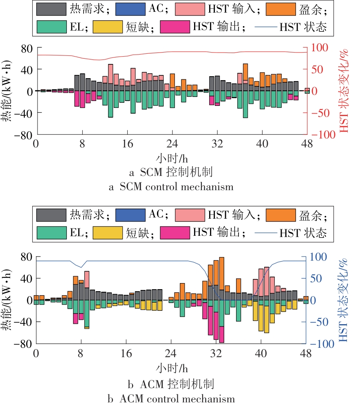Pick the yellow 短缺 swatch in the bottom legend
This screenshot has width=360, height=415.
pos(108,233)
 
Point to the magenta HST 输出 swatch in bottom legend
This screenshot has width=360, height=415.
pos(174,233)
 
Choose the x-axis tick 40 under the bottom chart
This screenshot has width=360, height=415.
pos(261,353)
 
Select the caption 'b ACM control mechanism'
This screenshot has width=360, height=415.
pos(171,398)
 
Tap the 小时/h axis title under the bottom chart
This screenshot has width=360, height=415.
pos(172,369)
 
